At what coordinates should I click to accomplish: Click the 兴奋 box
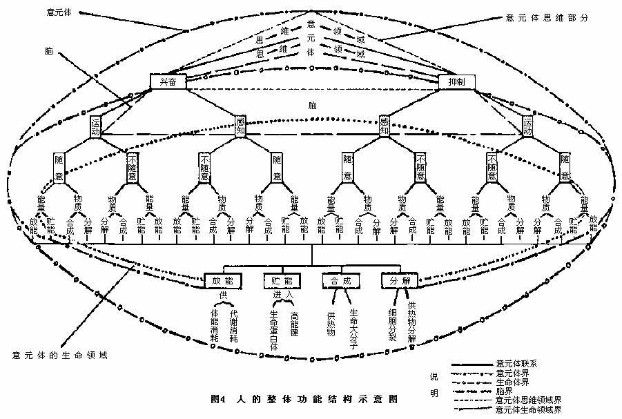pyautogui.click(x=168, y=81)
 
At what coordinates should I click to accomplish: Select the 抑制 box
pyautogui.click(x=457, y=81)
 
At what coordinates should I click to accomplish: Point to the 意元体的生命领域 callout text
pyautogui.click(x=61, y=355)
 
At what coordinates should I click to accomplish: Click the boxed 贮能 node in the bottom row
pyautogui.click(x=282, y=282)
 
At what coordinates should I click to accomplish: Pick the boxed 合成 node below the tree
pyautogui.click(x=342, y=282)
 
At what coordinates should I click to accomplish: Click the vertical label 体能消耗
pyautogui.click(x=214, y=326)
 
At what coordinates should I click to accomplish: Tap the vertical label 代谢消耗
pyautogui.click(x=233, y=326)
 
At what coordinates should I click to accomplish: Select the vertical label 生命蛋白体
pyautogui.click(x=273, y=331)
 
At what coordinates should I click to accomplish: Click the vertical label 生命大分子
pyautogui.click(x=353, y=331)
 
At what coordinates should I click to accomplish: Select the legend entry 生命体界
pyautogui.click(x=515, y=382)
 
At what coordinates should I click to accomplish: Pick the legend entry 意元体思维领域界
pyautogui.click(x=528, y=400)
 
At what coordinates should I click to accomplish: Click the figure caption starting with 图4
pyautogui.click(x=303, y=399)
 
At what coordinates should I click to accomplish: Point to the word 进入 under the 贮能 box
pyautogui.click(x=283, y=296)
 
